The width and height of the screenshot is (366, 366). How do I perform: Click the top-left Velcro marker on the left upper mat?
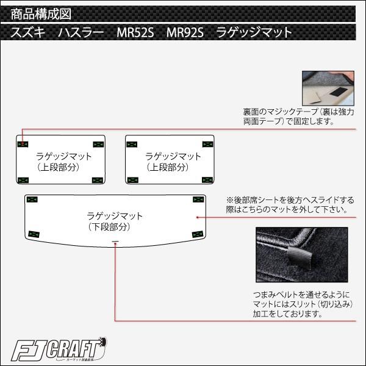[x=23, y=144]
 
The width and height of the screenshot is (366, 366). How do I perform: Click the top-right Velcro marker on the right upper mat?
[x=207, y=144]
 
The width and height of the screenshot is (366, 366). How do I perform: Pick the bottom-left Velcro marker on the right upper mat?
[x=132, y=179]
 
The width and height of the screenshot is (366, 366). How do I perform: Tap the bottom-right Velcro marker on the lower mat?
[x=196, y=234]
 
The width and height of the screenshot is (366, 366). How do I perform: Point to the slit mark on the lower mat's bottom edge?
[x=115, y=243]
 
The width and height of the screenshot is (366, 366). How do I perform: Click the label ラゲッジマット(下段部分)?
[x=114, y=221]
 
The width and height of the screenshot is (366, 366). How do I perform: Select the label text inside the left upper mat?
[x=63, y=161]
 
